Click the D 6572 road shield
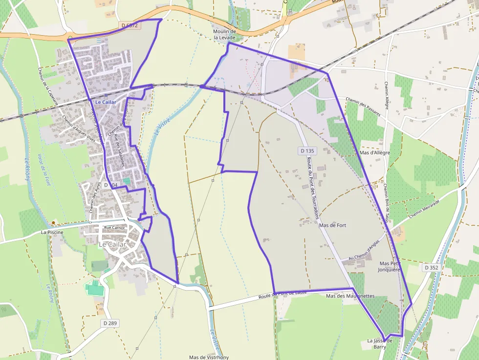coord(129,25)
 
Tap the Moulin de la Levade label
coord(224,34)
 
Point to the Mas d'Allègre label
coord(375,153)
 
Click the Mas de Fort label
coord(332,225)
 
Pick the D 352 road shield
coord(431,268)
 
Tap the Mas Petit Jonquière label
coord(389,266)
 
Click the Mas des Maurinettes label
coord(350,296)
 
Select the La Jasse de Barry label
coord(380,343)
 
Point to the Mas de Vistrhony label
coord(209,357)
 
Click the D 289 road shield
coord(111,323)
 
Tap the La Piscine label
coord(52,233)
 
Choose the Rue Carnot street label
coord(115,228)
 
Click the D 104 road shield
coord(111,185)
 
